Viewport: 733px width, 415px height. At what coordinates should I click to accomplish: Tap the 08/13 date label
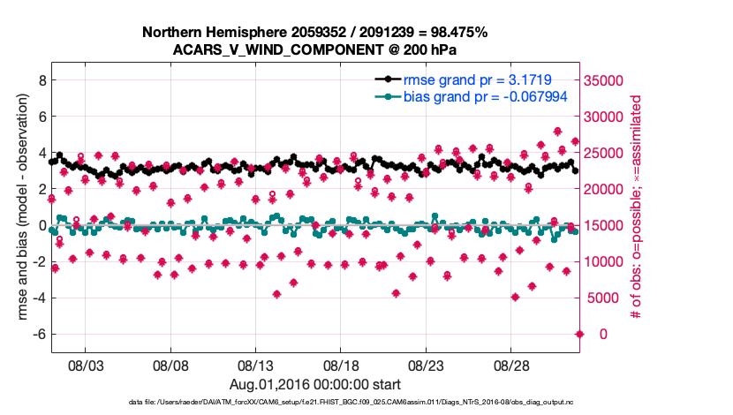point(257,365)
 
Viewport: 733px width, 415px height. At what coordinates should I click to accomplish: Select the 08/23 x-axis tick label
point(428,365)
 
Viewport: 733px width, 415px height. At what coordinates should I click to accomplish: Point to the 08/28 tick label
point(513,365)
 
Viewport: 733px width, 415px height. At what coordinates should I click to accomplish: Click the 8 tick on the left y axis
point(41,80)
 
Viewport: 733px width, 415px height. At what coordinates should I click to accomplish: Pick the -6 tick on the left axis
point(37,334)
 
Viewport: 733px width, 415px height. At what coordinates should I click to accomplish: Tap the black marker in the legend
point(385,80)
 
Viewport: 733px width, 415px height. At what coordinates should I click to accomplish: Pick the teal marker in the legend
point(385,97)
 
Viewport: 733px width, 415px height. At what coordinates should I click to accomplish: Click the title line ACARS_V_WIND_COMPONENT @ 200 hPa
point(314,50)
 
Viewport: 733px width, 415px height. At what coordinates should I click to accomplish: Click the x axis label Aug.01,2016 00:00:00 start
point(314,384)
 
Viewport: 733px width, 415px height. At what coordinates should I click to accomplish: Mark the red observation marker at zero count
point(579,334)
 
